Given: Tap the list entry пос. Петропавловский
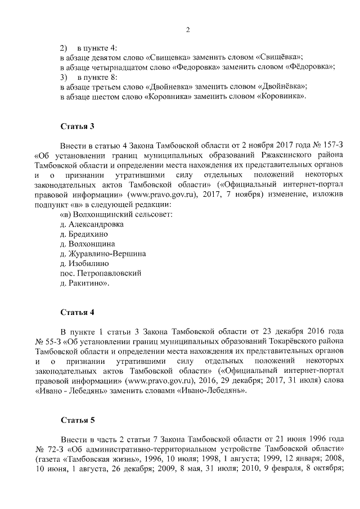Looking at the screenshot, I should [100, 273].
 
